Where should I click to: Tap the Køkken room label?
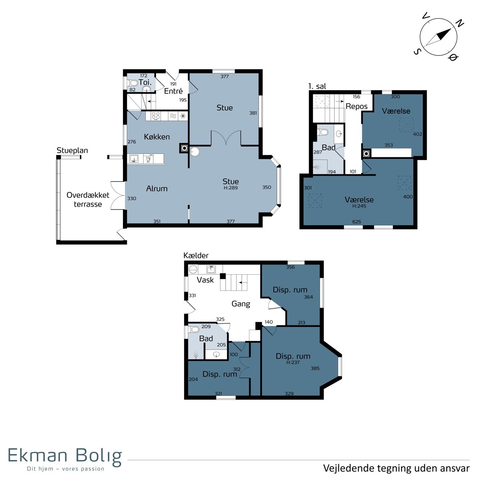coord(157,137)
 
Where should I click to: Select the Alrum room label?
coord(156,188)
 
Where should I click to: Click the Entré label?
coord(173,91)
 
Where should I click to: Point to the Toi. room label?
coord(145,82)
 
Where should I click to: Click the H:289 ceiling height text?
coord(230,188)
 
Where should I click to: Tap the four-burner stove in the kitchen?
coord(156,116)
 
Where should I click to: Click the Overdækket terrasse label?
coord(88,199)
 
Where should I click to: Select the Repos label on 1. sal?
coord(356,107)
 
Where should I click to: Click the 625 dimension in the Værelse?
coord(356,222)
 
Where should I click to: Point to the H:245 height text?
coord(359,206)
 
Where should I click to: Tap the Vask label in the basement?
coord(205,280)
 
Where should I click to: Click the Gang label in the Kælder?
coord(241,304)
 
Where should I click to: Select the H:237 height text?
coord(293,362)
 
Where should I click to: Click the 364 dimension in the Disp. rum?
coord(308,297)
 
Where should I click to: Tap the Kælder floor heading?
coord(196,255)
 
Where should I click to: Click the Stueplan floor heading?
coord(72,150)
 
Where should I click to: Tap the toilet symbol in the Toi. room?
coord(132,83)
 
